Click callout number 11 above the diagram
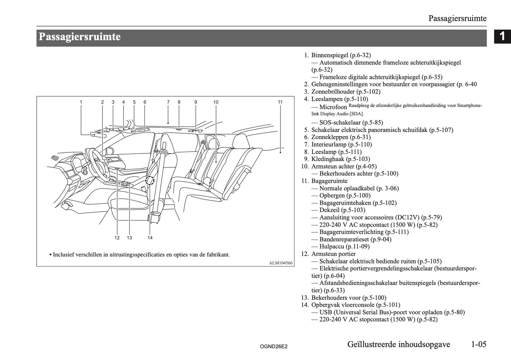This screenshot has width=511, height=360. click(280, 102)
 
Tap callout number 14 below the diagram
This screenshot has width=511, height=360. click(150, 238)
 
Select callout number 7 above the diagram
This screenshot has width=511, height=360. click(168, 102)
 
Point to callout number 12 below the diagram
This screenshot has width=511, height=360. click(117, 238)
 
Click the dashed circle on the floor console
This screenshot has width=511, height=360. click(150, 181)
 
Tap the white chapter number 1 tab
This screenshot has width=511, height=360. click(502, 37)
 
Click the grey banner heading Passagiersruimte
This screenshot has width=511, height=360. click(80, 37)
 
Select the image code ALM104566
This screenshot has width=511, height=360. click(281, 263)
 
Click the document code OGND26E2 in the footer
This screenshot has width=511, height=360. click(273, 347)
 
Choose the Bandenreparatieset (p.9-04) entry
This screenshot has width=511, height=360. click(355, 239)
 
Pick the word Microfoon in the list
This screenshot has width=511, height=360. click(333, 107)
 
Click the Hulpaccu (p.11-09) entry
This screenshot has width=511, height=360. click(344, 246)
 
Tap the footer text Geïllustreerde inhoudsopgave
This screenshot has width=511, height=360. click(399, 344)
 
